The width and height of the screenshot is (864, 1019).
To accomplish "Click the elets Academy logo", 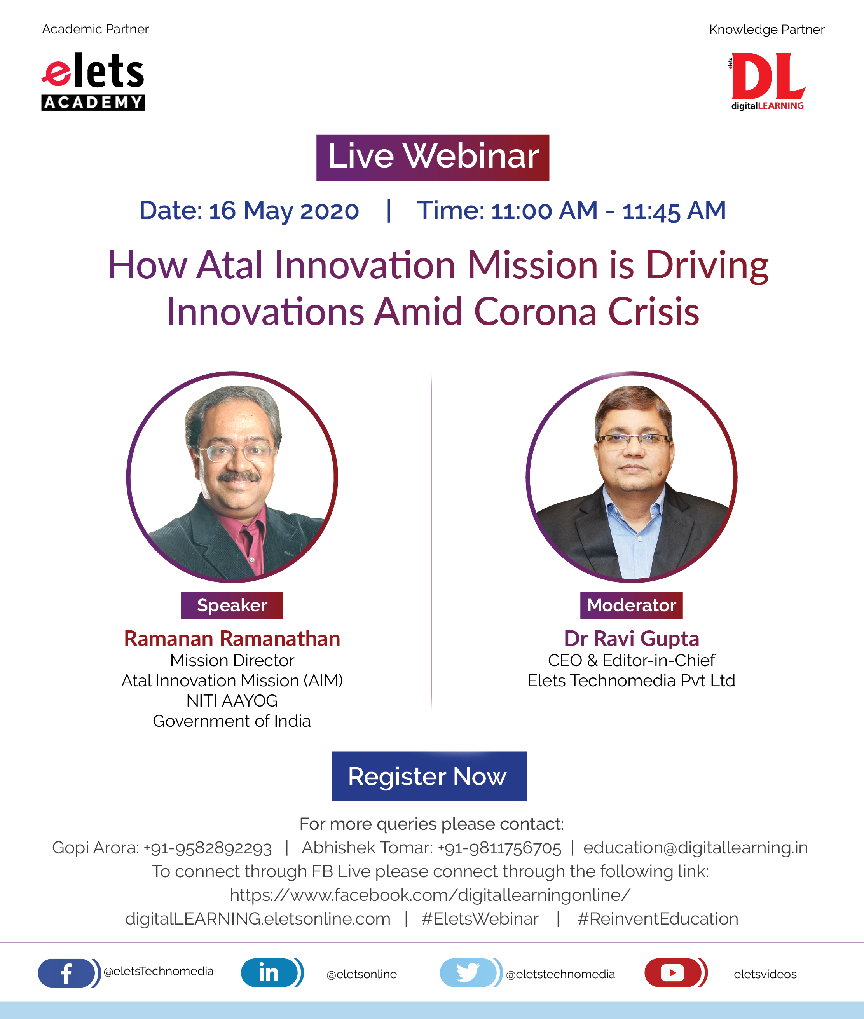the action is click(93, 81).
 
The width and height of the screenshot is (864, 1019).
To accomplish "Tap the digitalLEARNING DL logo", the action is click(767, 81).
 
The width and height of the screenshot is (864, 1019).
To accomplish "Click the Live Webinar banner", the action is click(433, 158).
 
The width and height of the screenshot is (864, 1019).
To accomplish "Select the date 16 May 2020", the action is click(284, 211).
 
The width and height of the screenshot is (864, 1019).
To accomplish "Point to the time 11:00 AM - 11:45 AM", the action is click(608, 211).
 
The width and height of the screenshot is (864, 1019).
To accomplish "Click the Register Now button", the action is click(429, 776).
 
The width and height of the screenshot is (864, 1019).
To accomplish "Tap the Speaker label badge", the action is click(232, 605).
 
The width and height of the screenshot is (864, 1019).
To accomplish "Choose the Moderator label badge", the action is click(631, 605).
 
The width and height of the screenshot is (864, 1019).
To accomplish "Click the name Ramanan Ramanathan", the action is click(232, 639).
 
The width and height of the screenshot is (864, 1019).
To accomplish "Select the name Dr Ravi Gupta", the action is click(631, 639).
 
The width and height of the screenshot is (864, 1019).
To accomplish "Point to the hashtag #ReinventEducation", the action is click(658, 919).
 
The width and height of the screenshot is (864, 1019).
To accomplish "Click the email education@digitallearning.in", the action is click(695, 848).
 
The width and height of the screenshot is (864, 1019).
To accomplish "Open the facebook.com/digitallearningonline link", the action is click(430, 895).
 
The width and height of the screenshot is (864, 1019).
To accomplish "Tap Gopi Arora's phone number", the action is click(208, 848).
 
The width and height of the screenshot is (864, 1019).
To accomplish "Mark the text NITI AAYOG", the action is click(232, 701).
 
